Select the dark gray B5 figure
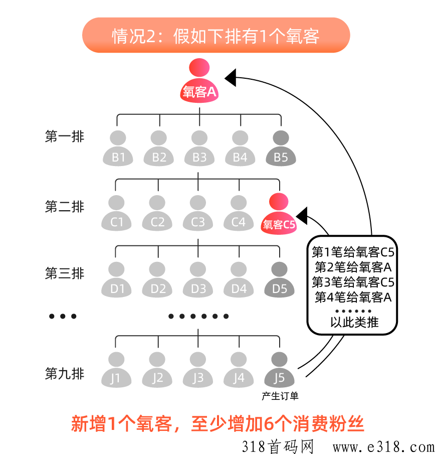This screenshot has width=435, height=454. pos(281,149)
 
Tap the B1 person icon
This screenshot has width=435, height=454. pos(118,149)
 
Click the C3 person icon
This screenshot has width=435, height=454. pos(198,213)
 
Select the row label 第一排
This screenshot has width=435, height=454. pos(65,136)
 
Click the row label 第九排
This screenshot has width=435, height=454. pos(65,373)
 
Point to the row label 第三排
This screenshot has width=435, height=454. pos(65,273)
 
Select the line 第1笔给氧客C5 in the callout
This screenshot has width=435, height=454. pos(353,251)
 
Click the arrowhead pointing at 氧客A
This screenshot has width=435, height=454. pos(231,77)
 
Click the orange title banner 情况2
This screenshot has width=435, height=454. pos(215,36)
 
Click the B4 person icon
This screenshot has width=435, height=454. pos(240,149)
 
